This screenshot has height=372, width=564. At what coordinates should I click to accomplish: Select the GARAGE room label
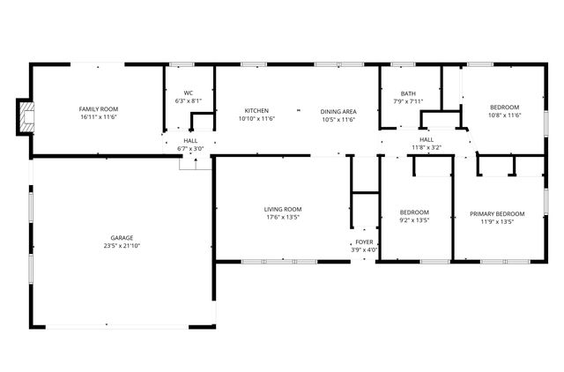[122, 237]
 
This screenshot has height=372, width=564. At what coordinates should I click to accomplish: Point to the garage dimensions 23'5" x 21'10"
[122, 245]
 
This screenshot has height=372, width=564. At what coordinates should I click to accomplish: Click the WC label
[188, 93]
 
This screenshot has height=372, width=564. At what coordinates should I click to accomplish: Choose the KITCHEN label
[256, 111]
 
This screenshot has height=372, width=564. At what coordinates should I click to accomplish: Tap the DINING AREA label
[338, 111]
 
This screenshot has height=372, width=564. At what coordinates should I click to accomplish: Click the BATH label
[408, 93]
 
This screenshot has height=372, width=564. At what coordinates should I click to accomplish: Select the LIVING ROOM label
[282, 209]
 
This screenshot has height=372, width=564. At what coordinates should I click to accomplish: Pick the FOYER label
[364, 242]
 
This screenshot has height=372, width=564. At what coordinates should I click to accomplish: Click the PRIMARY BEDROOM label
[496, 213]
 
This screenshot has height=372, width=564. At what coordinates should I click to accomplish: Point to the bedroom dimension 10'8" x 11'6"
[505, 115]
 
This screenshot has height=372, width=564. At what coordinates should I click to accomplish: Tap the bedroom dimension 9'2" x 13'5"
[414, 221]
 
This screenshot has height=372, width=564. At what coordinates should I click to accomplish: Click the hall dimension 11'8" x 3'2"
[427, 147]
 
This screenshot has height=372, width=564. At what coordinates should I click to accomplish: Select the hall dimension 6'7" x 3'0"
[190, 148]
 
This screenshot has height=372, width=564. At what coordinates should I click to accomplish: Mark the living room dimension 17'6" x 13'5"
[282, 217]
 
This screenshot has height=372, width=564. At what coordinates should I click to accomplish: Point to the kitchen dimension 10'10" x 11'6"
[256, 119]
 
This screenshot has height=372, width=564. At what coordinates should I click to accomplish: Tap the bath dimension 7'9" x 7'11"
[408, 101]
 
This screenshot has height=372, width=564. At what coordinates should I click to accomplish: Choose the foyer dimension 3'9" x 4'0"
[365, 249]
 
